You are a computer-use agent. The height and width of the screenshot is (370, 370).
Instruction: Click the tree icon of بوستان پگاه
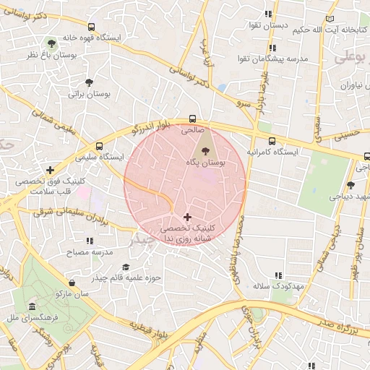point(207,151)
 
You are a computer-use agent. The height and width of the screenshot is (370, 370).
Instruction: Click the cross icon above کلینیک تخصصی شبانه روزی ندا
point(188,217)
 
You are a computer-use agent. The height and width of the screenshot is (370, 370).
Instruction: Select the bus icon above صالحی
point(192,119)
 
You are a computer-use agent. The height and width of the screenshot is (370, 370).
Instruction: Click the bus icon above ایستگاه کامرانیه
point(271,142)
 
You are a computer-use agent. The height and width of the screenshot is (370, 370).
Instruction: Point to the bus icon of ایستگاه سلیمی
point(99,146)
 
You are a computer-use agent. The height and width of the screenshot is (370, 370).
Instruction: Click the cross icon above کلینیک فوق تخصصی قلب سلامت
point(50,171)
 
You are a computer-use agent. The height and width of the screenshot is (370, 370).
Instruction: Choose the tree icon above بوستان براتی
point(89,82)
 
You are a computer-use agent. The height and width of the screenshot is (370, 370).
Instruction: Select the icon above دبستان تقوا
point(268,14)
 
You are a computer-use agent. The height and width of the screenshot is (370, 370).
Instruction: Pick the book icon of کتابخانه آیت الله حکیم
point(331,18)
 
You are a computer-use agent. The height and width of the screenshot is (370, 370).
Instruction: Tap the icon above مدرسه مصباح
point(90,241)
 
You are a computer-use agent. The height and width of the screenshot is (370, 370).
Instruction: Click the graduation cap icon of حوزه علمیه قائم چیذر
point(125,267)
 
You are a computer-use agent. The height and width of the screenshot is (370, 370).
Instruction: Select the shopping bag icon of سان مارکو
point(71,283)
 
